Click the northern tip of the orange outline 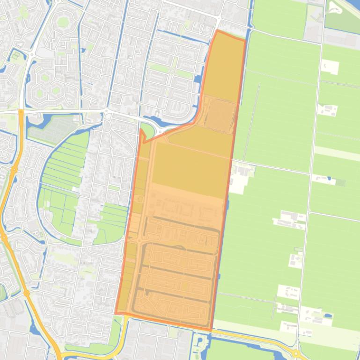tap(217, 31)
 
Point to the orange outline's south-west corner tap(116, 313)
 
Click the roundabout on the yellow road tap(296, 353)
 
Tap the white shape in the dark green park tap(336, 8)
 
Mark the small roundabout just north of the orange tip tap(218, 18)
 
